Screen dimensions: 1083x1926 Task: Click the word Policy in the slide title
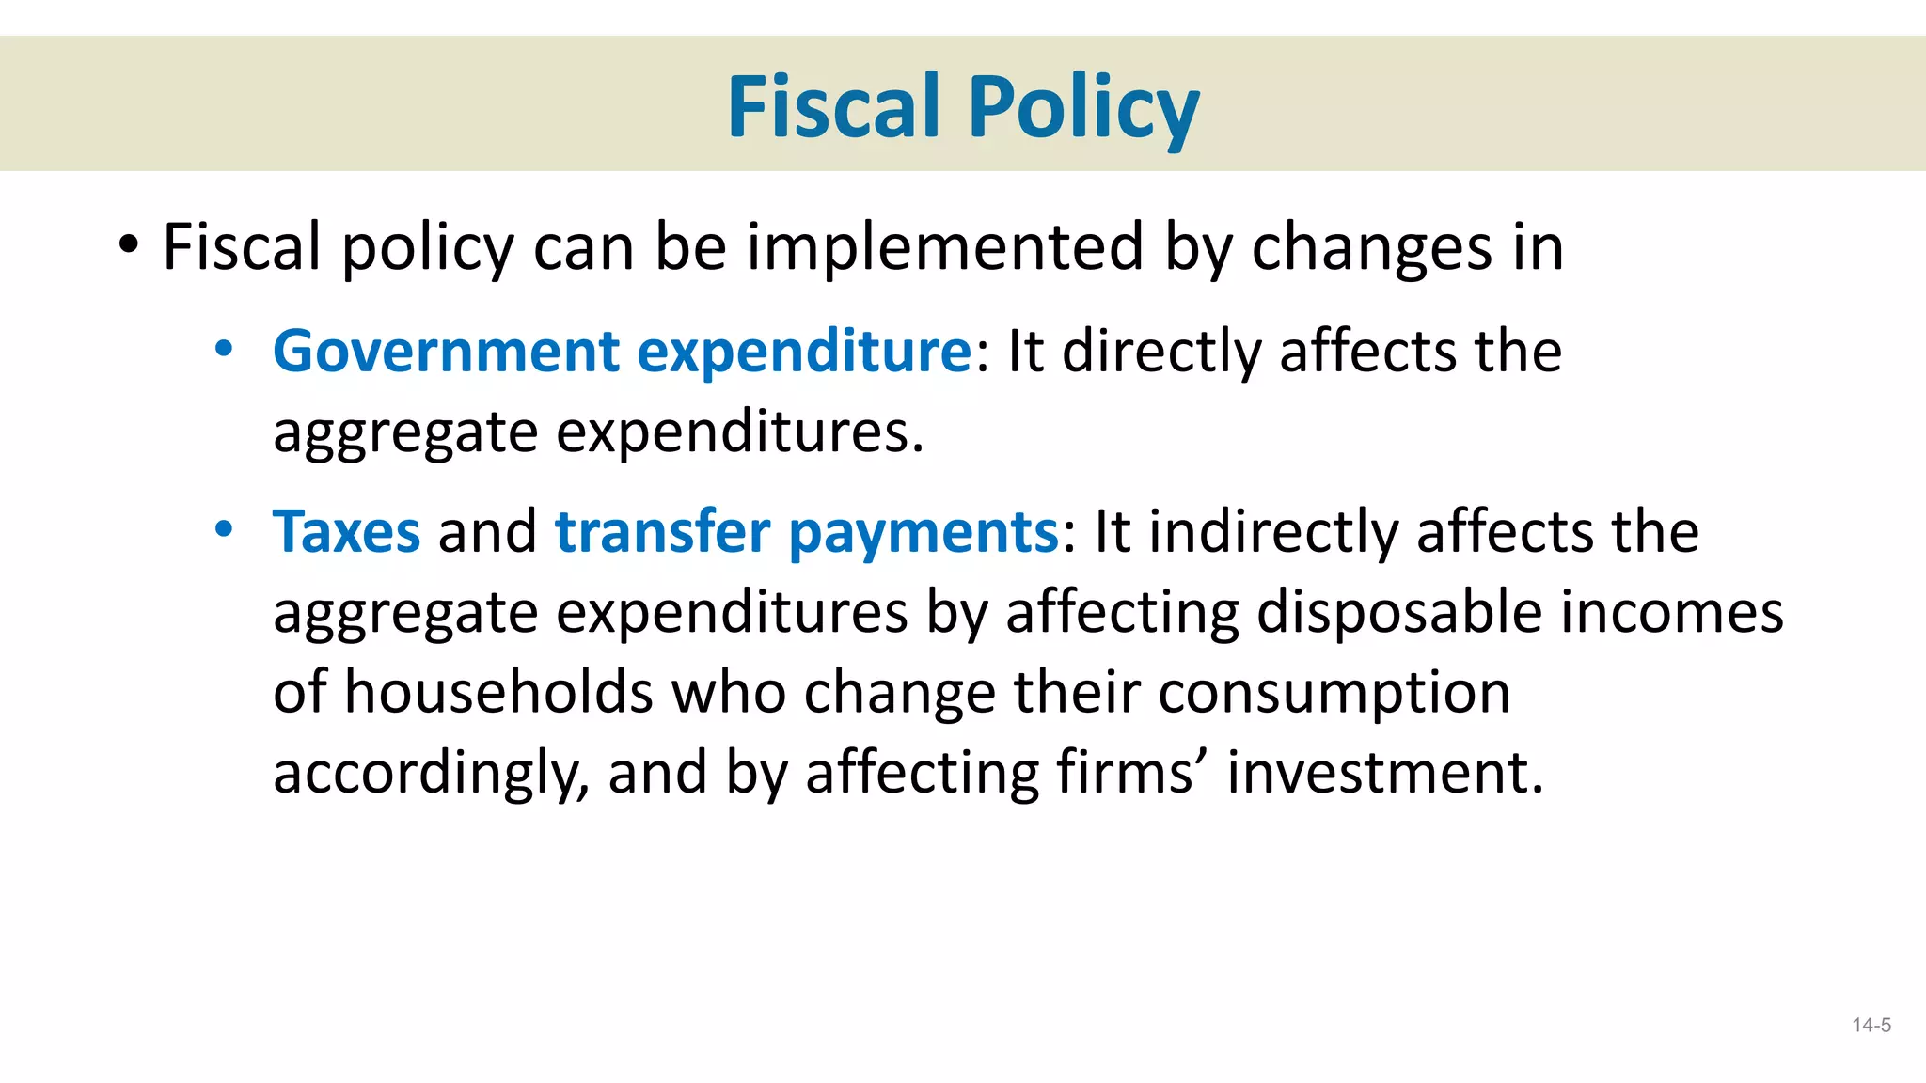[x=1083, y=108]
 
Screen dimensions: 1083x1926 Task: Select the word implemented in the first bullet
[x=945, y=247]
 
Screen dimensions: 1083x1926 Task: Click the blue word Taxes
[x=346, y=532]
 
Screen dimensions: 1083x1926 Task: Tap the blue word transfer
[x=662, y=531]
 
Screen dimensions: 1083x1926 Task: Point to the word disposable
[x=1398, y=613]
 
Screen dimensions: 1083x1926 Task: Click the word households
[x=498, y=692]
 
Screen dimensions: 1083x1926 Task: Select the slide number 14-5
[x=1871, y=1026]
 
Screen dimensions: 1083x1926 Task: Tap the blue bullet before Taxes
[x=223, y=529]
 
